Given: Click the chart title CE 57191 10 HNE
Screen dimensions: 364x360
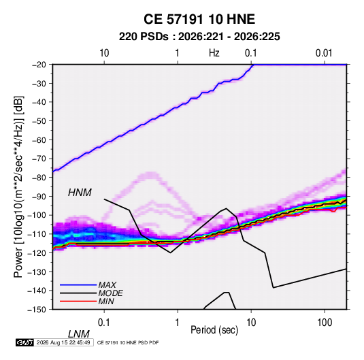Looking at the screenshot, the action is coord(199,19).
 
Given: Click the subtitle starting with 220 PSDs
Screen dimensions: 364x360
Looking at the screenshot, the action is coord(199,37).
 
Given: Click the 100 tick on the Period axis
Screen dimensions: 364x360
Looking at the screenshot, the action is coord(325,323).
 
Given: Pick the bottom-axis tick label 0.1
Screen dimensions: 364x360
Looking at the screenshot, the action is coord(104,323).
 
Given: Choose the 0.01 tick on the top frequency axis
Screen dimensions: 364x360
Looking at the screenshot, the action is coord(324,53).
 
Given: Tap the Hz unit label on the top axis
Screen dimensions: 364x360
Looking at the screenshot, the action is coord(214,53).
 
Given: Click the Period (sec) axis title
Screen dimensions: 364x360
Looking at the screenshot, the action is coord(214,330).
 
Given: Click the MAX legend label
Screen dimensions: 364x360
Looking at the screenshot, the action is coord(107,284).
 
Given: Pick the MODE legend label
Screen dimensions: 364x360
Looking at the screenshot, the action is coord(110,293).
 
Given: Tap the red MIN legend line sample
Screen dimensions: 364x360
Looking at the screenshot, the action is coord(78,301).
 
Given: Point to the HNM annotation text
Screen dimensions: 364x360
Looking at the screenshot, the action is coord(80,193).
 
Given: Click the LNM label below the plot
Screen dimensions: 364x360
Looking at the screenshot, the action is coord(79,334).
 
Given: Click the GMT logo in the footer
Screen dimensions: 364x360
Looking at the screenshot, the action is coord(24,342).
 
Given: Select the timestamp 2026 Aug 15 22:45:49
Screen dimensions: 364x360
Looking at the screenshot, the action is coord(63,342).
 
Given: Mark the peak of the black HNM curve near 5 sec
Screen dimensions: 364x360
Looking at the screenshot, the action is coord(226,208).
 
